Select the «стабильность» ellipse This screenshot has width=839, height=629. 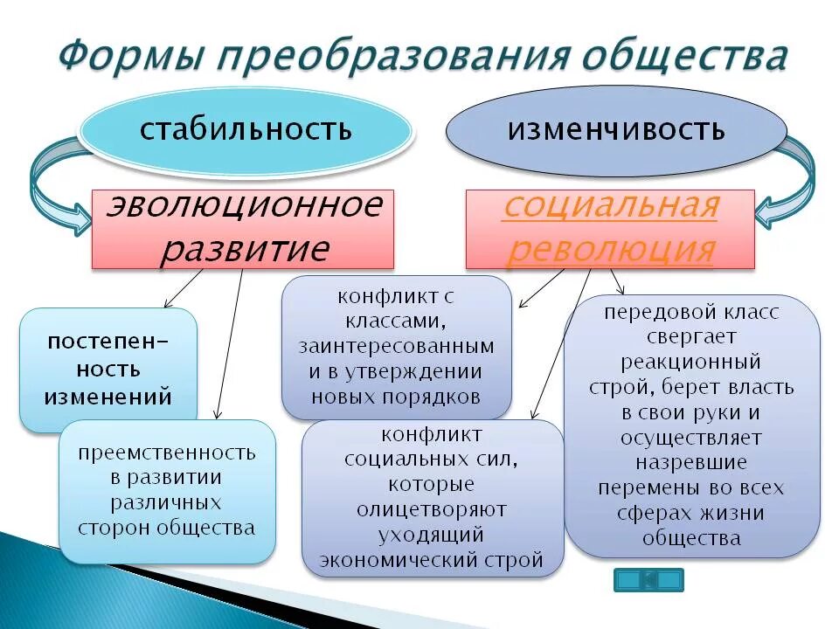click(246, 130)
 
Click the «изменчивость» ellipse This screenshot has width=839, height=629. click(616, 130)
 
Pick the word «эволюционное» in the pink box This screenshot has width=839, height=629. click(244, 206)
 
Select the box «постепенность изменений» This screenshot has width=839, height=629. click(108, 369)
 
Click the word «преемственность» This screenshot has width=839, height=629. click(167, 453)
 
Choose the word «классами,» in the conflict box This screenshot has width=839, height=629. click(396, 321)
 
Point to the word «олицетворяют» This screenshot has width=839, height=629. click(432, 509)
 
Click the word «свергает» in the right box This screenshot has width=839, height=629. click(692, 336)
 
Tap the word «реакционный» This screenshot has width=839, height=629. click(691, 362)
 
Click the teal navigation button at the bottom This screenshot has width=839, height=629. click(648, 579)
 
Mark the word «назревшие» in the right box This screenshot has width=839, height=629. click(691, 462)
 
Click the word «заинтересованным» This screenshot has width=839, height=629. click(396, 346)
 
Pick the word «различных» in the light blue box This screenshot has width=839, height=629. click(166, 503)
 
